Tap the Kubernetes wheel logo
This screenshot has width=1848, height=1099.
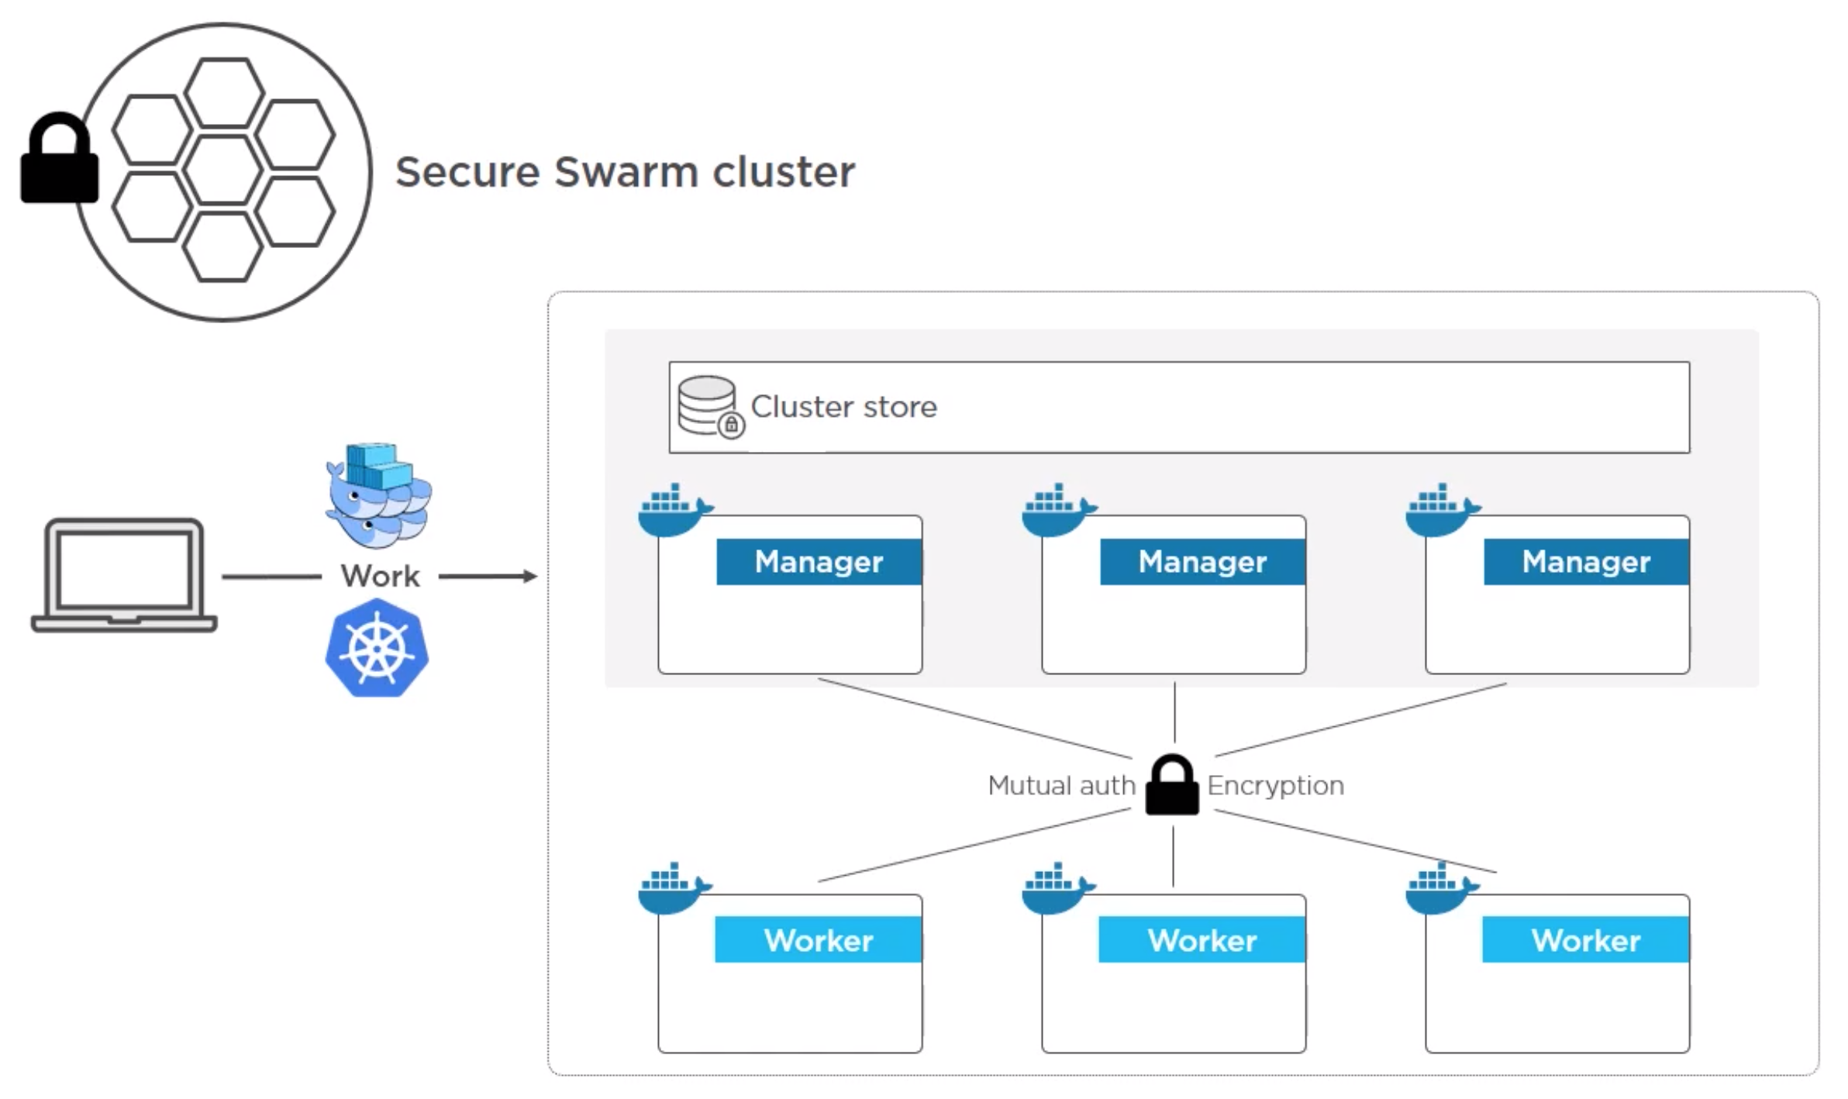point(377,648)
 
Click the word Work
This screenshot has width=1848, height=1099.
point(380,577)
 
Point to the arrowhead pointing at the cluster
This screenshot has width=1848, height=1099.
point(530,576)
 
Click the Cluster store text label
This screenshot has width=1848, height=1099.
point(844,407)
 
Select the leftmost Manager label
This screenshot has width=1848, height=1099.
point(819,562)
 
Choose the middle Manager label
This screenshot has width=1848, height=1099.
point(1202,562)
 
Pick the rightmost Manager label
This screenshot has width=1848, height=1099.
point(1586,562)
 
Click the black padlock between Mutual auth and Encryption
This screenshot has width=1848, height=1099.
point(1172,787)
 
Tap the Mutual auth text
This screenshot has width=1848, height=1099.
point(1061,786)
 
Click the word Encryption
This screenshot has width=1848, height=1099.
point(1276,786)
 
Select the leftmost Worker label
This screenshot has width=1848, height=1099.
point(819,940)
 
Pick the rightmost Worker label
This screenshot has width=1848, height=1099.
point(1586,940)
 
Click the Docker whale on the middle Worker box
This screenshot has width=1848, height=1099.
point(1056,889)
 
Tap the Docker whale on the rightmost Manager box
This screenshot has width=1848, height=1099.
point(1439,512)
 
